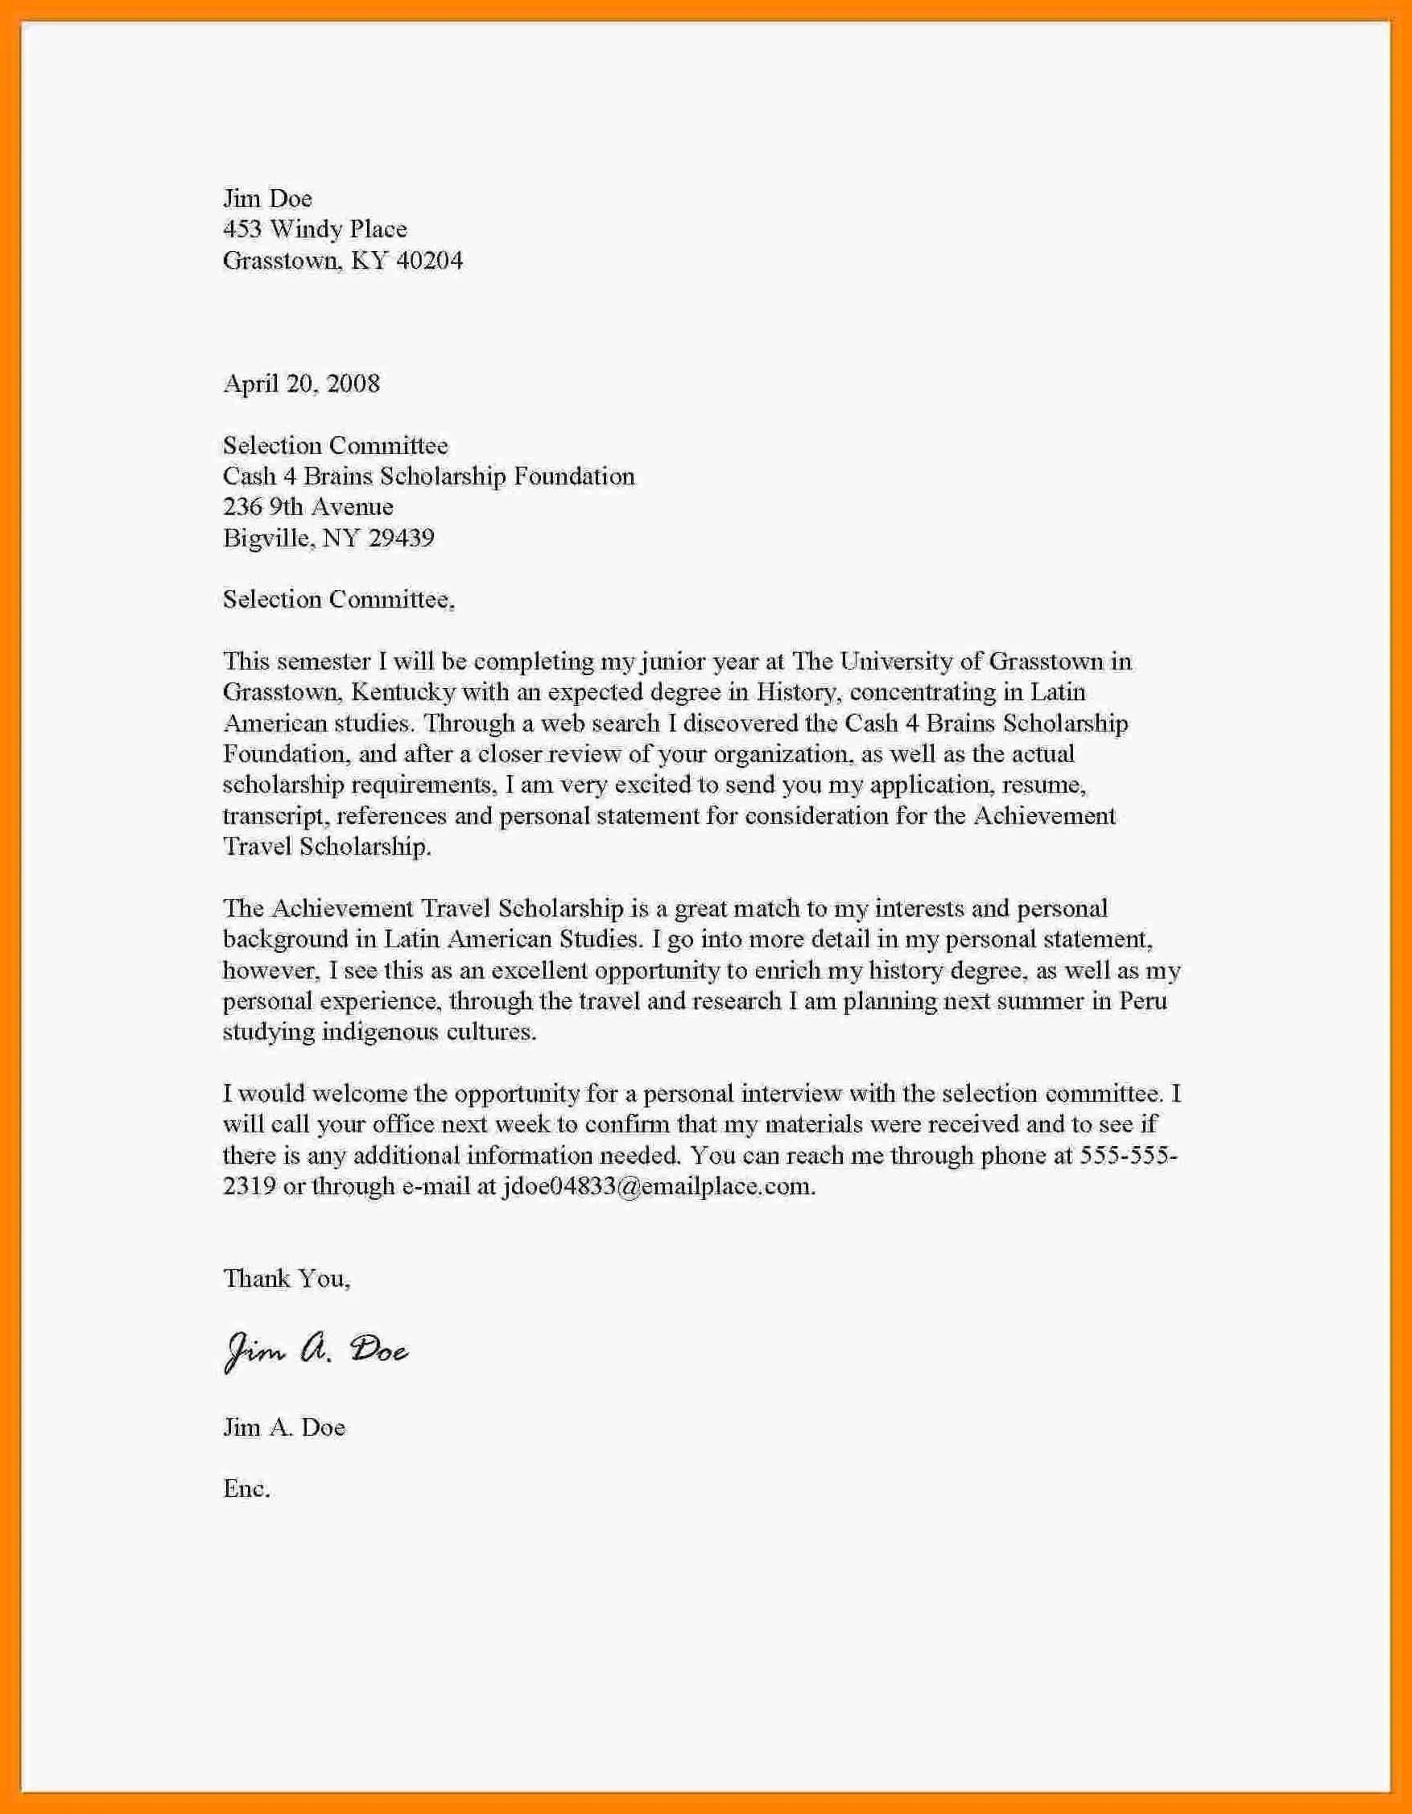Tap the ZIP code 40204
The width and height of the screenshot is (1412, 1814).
tap(429, 261)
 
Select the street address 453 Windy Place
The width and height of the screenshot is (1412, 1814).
tap(315, 229)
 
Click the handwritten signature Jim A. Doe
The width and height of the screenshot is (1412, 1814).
tap(316, 1352)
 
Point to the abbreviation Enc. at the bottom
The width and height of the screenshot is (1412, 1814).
tap(246, 1488)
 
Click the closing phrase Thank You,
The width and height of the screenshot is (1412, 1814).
tap(287, 1278)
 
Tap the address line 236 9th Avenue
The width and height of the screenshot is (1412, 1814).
tap(308, 507)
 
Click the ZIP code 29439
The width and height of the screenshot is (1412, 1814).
tap(401, 538)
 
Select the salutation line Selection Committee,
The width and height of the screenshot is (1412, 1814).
tap(338, 600)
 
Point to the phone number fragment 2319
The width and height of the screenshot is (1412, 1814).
tap(250, 1186)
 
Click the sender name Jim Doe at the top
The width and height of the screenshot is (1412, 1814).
tap(267, 199)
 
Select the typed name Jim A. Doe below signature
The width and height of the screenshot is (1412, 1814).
tap(284, 1427)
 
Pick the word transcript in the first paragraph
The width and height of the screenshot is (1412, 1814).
tap(271, 815)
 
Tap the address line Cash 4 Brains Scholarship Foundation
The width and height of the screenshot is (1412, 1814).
tap(428, 476)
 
